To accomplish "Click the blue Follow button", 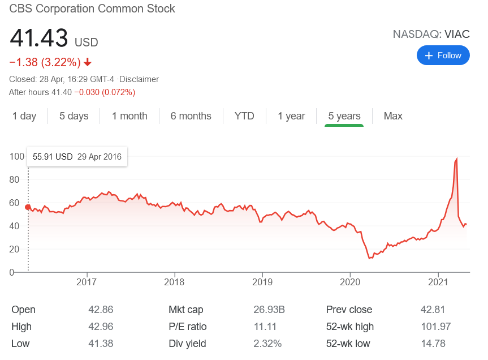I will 443,55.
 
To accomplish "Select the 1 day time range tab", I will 24,116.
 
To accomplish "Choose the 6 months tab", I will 191,116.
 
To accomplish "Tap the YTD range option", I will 244,116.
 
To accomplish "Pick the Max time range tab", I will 393,116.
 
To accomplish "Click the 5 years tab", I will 344,116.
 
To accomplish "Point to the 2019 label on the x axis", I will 262,281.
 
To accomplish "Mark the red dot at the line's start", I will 28,207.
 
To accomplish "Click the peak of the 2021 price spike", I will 456,159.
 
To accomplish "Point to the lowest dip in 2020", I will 369,258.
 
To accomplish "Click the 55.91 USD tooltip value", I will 53,157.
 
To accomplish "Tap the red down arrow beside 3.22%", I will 88,62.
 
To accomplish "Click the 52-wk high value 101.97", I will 438,327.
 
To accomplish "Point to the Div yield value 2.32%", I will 267,344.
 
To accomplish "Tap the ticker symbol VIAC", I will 457,34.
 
